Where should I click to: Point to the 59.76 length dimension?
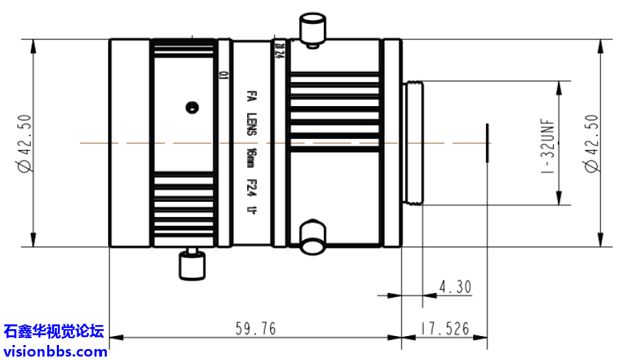(x=255, y=329)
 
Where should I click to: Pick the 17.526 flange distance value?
(x=445, y=329)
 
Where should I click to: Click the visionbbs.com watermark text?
(x=55, y=351)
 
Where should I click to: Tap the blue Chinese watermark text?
(x=55, y=333)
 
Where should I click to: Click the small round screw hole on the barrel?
(x=192, y=107)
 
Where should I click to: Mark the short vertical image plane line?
(x=487, y=143)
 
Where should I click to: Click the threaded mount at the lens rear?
(x=414, y=143)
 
